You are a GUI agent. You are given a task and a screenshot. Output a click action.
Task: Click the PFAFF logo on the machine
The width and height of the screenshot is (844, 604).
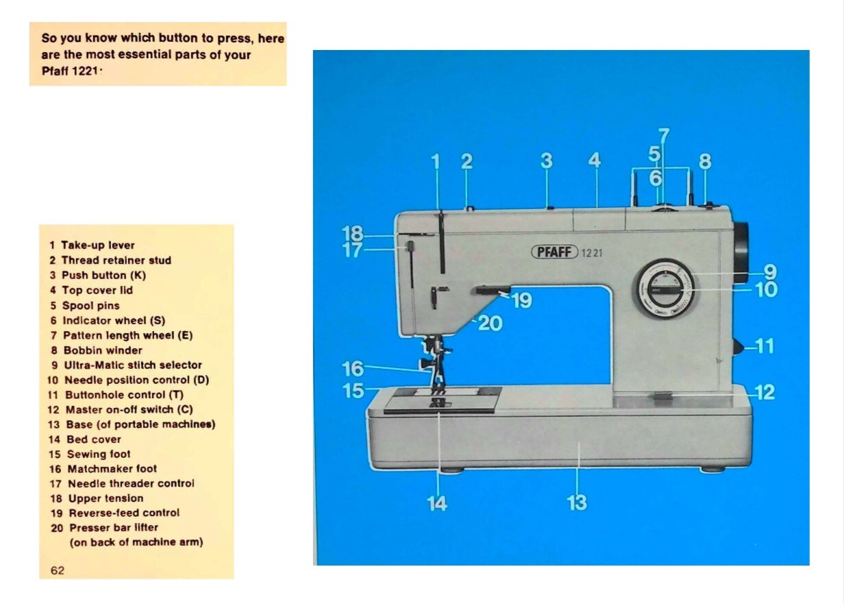[x=555, y=252]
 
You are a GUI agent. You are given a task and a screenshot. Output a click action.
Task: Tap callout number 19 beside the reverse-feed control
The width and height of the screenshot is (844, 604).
[x=522, y=300]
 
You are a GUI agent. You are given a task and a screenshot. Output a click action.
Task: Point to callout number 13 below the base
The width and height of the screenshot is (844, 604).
[x=577, y=503]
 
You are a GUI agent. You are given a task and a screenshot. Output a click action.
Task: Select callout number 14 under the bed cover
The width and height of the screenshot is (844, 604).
[x=437, y=503]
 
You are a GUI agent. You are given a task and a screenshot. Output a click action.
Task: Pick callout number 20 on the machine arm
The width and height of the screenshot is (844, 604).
[x=490, y=323]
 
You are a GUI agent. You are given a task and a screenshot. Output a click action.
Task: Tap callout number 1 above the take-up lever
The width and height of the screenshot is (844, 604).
[x=436, y=162]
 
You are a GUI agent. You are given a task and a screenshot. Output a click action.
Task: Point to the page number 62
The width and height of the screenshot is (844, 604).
[x=57, y=570]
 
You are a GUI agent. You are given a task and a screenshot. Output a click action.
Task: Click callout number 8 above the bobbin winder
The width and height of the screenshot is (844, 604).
[x=705, y=162]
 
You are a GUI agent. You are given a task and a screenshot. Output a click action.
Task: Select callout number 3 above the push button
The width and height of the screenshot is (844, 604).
[x=546, y=161]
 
